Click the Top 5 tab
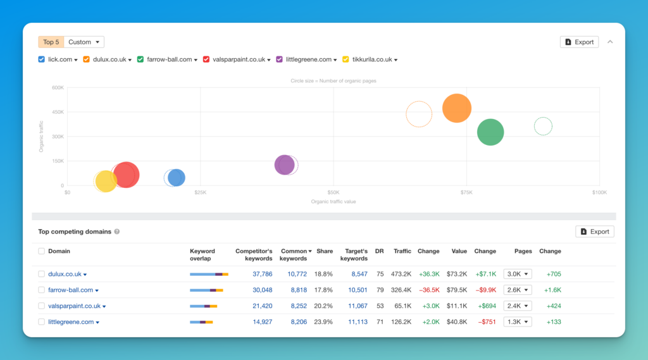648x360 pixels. pyautogui.click(x=51, y=42)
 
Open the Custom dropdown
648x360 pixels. pyautogui.click(x=84, y=42)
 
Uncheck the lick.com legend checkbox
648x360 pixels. pyautogui.click(x=41, y=59)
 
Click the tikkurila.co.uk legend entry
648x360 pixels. pyautogui.click(x=372, y=59)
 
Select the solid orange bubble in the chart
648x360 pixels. pyautogui.click(x=457, y=108)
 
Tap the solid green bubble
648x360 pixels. pyautogui.click(x=490, y=132)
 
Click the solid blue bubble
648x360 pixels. pyautogui.click(x=177, y=178)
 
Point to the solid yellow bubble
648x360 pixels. pyautogui.click(x=106, y=181)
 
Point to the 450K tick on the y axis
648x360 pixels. pyautogui.click(x=58, y=112)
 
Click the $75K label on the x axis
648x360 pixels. pyautogui.click(x=466, y=192)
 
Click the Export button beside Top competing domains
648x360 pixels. pyautogui.click(x=595, y=232)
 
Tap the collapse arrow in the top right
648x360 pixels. pyautogui.click(x=610, y=42)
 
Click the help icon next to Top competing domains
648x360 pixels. pyautogui.click(x=117, y=232)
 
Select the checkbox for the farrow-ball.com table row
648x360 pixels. pyautogui.click(x=41, y=290)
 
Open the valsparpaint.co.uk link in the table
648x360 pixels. pyautogui.click(x=75, y=306)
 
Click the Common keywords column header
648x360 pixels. pyautogui.click(x=295, y=254)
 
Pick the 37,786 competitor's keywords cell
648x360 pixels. pyautogui.click(x=263, y=274)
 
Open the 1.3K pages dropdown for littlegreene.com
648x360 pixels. pyautogui.click(x=518, y=322)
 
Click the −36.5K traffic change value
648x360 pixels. pyautogui.click(x=429, y=290)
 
